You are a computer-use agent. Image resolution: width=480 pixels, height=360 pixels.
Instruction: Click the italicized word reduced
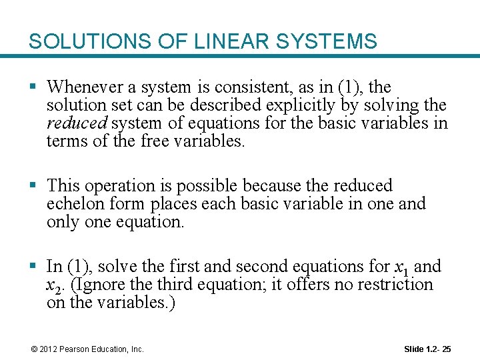coord(76,123)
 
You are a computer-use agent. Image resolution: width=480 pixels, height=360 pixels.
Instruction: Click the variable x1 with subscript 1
coord(402,268)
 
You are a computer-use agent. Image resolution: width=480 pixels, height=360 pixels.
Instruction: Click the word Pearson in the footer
coord(73,349)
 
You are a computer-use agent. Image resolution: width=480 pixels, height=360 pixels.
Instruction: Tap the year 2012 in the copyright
coord(48,349)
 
